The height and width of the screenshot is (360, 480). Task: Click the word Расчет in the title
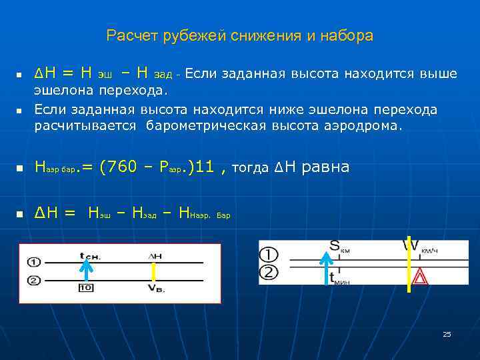coord(131,35)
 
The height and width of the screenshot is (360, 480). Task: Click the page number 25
coord(447,334)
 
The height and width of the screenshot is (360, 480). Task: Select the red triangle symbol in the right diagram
coord(420,277)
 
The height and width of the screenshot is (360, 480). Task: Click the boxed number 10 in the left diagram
coord(86,287)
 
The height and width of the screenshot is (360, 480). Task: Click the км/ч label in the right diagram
coord(429,251)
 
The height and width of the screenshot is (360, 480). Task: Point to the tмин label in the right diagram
coord(339,279)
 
